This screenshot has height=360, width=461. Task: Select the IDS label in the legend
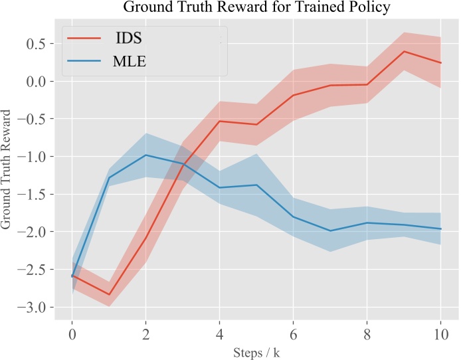point(128,39)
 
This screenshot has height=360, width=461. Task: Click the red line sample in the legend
point(84,39)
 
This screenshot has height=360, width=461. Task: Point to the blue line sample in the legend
point(84,62)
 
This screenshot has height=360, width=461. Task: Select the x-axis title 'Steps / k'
point(256,353)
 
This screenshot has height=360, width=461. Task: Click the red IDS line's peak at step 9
point(404,51)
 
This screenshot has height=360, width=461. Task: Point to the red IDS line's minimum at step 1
point(109,294)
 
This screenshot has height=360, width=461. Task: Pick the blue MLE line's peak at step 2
point(145,155)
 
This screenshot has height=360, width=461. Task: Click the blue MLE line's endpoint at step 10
point(440,228)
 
